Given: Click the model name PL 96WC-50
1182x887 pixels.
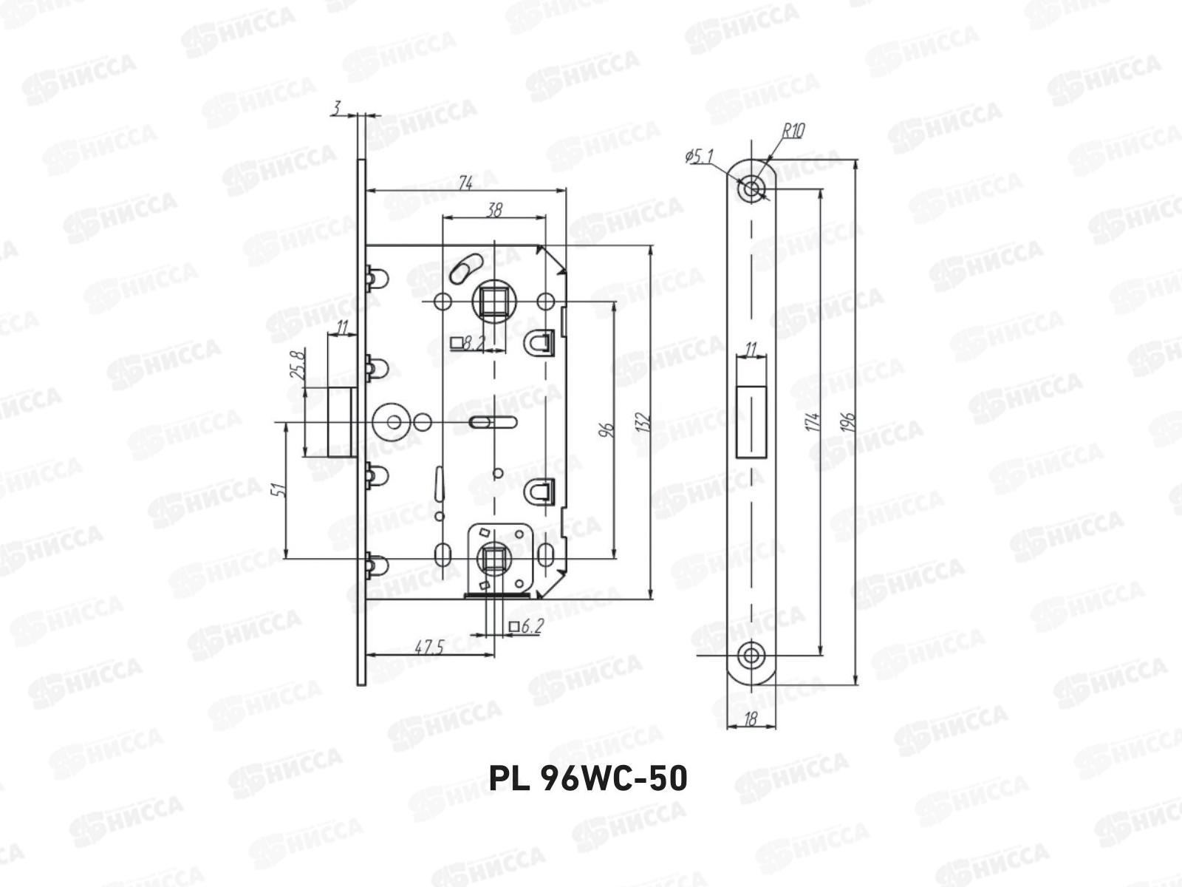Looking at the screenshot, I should coord(588,778).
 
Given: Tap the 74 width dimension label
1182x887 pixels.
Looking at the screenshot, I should coord(465,183).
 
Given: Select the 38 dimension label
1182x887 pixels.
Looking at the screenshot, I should coord(494,210).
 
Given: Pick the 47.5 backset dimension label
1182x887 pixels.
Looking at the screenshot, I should coord(428,648).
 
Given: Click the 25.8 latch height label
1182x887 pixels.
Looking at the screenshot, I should coord(298,365).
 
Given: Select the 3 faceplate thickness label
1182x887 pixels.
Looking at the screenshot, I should coord(335,109).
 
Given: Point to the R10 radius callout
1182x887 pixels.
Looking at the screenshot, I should coord(794,132).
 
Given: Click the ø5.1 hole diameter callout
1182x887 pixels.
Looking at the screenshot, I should coord(699,156).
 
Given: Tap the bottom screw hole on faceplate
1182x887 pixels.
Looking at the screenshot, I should coord(751,655).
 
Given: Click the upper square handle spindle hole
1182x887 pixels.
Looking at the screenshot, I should coord(491,302).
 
